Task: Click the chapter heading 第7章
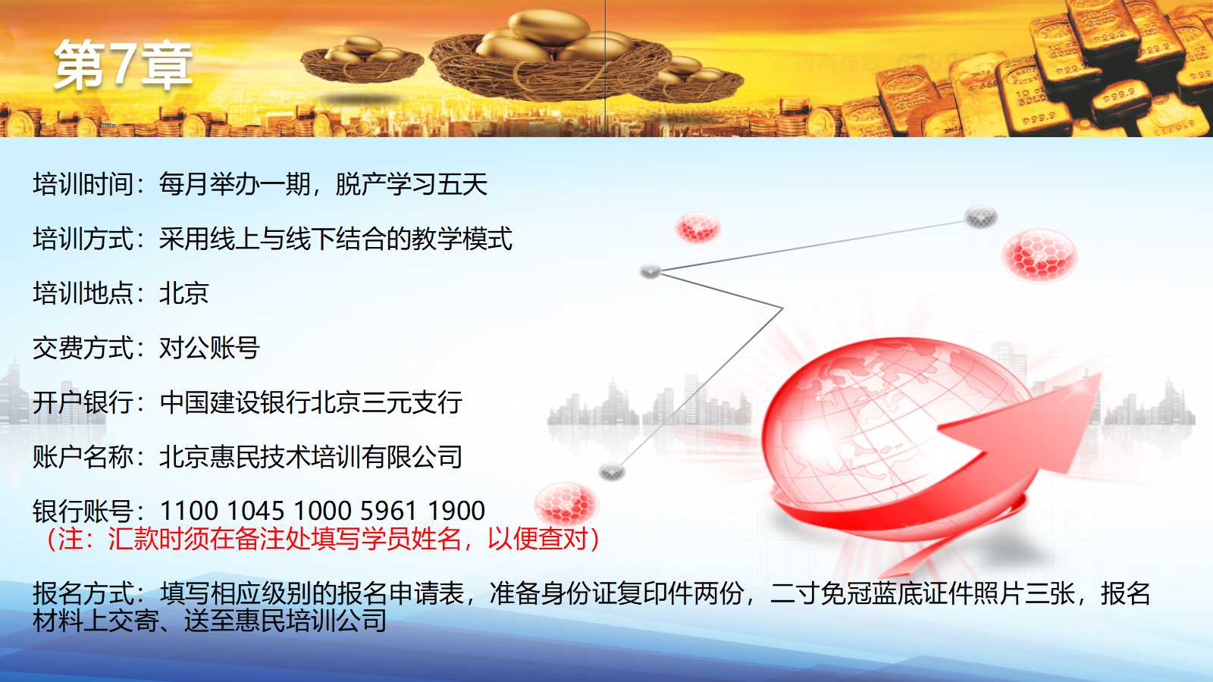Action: pyautogui.click(x=123, y=65)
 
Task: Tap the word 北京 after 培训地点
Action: pyautogui.click(x=184, y=293)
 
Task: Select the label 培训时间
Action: pyautogui.click(x=83, y=184)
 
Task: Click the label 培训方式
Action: pyautogui.click(x=83, y=239)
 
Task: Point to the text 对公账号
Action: pyautogui.click(x=209, y=348)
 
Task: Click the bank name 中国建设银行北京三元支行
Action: pyautogui.click(x=311, y=402)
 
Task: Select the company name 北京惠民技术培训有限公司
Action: pyautogui.click(x=311, y=457)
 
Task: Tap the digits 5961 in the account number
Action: pyautogui.click(x=388, y=511)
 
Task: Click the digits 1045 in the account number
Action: pyautogui.click(x=255, y=511)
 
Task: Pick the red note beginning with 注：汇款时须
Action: pyautogui.click(x=323, y=539)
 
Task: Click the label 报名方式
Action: pyautogui.click(x=83, y=593)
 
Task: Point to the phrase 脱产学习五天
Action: pyautogui.click(x=412, y=184)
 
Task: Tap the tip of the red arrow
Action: pyautogui.click(x=1100, y=374)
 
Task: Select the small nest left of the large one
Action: pyautogui.click(x=362, y=60)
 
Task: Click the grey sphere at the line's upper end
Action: pyautogui.click(x=981, y=217)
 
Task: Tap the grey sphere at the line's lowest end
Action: pyautogui.click(x=612, y=471)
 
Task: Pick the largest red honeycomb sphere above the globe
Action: pyautogui.click(x=1039, y=255)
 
